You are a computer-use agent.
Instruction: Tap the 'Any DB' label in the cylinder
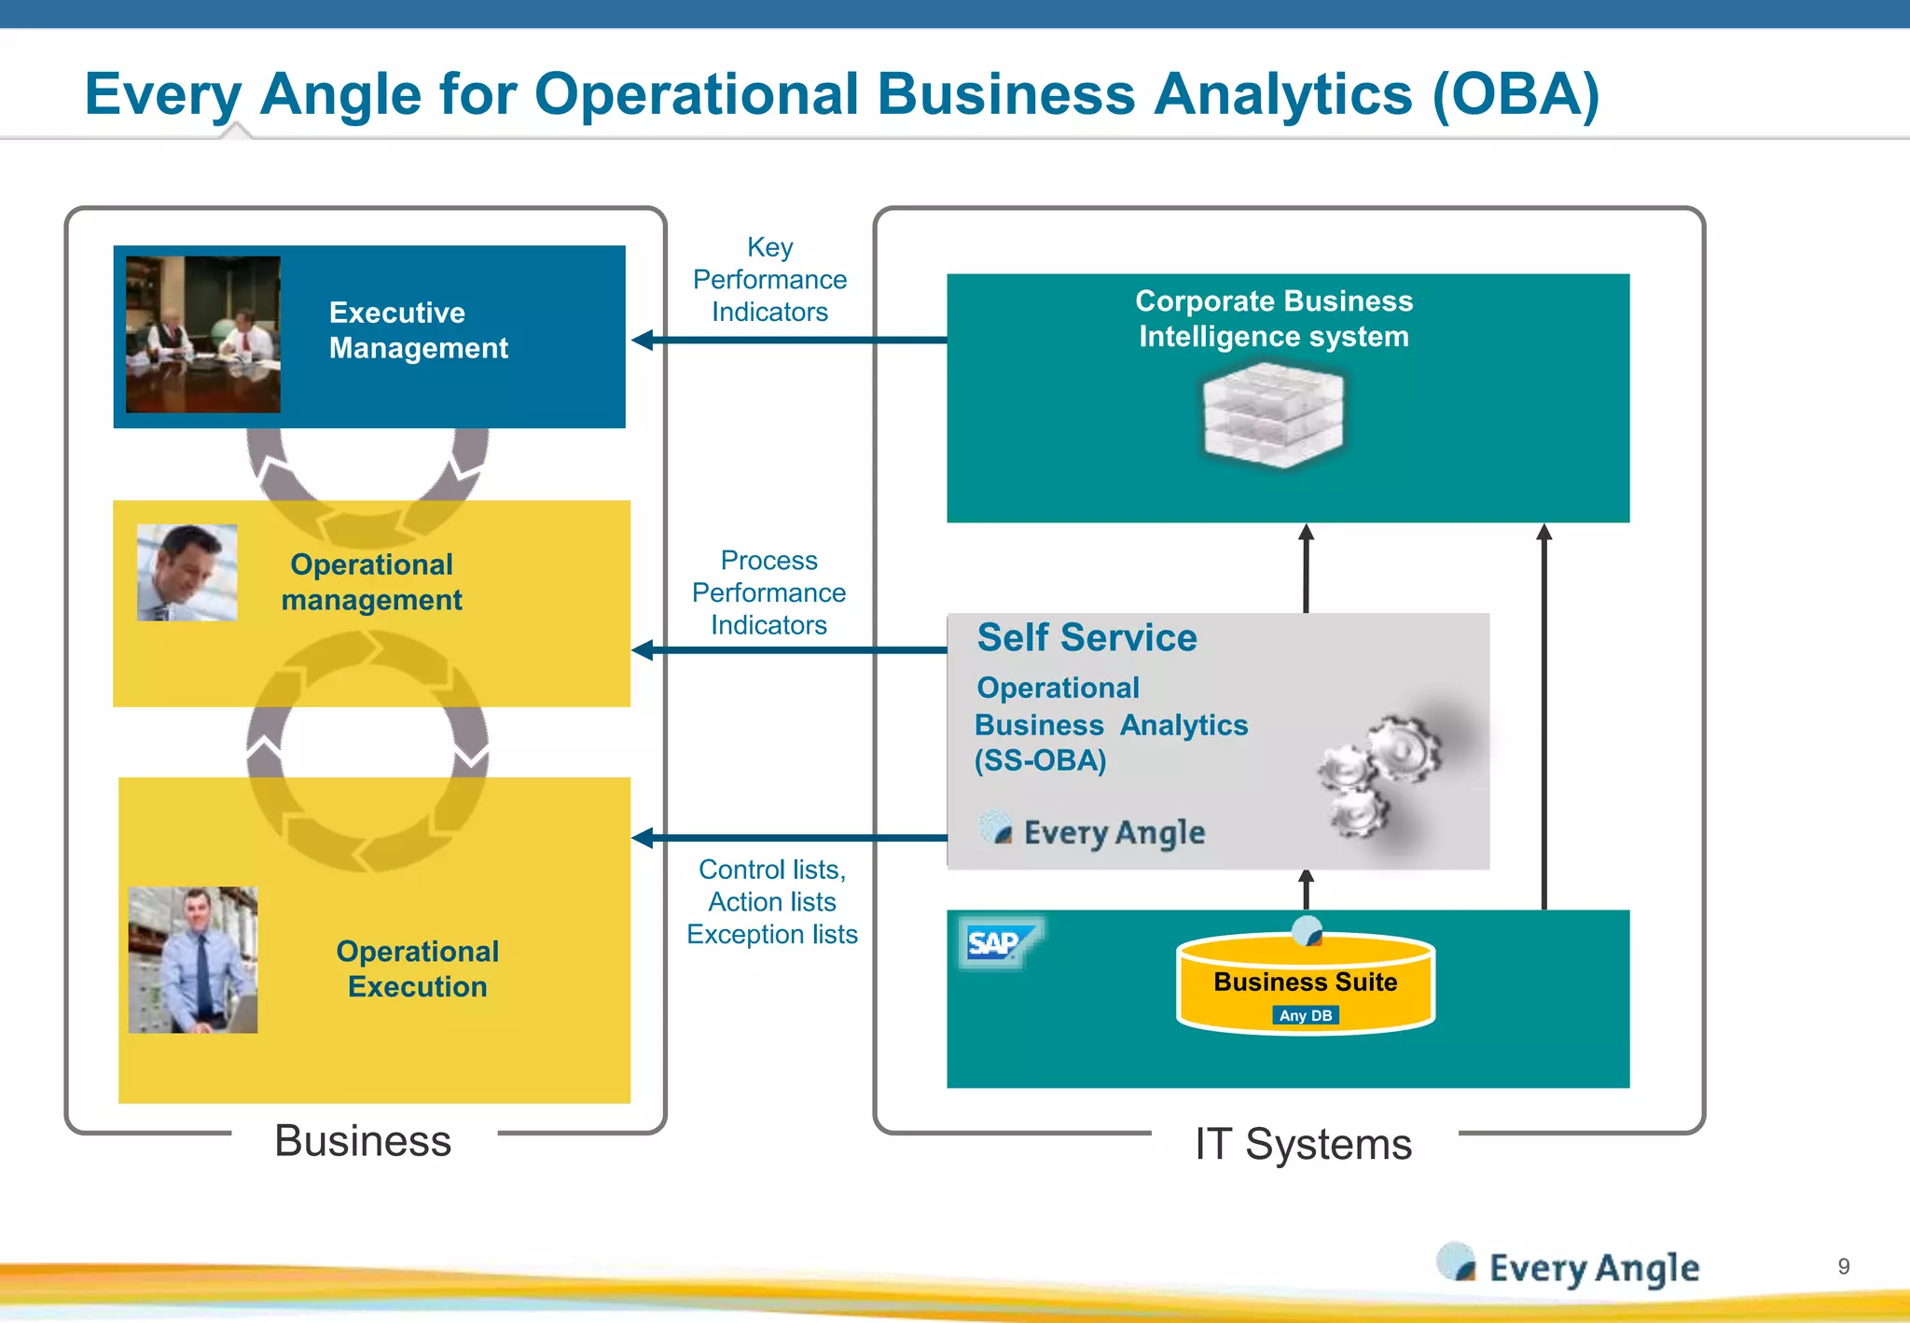[1305, 1015]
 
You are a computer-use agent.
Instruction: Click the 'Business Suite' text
[1305, 982]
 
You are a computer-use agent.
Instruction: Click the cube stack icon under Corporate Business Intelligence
[1273, 415]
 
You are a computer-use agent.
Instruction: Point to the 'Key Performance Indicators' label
[769, 279]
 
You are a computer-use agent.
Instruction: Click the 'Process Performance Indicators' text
[768, 592]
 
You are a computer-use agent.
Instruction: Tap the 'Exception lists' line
[772, 934]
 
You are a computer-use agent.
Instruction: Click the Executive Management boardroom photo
[202, 334]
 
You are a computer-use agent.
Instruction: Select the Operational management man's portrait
[187, 572]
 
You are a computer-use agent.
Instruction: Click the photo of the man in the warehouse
[192, 959]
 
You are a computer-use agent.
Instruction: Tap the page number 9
[1843, 1266]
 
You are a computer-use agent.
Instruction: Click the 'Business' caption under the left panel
[363, 1140]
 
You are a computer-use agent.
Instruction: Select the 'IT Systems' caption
[1303, 1144]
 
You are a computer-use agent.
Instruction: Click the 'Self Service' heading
[1086, 637]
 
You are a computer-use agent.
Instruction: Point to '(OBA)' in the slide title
[1516, 94]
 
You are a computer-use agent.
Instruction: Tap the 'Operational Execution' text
[417, 968]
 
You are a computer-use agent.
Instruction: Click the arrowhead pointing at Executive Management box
[643, 340]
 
